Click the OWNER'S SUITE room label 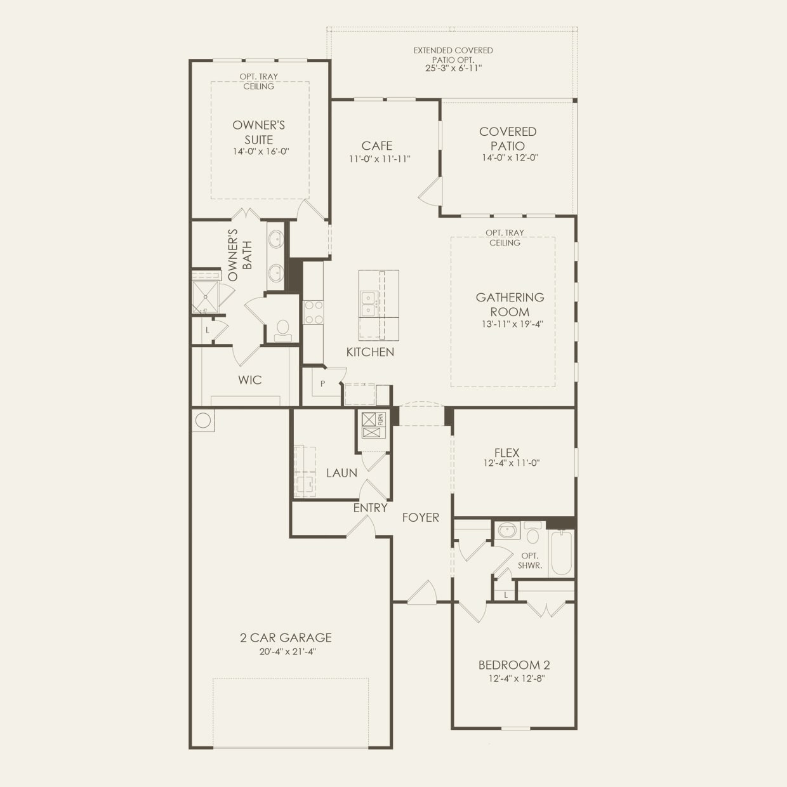tap(258, 132)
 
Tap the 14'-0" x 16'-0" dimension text tap(261, 152)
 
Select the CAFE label tap(377, 145)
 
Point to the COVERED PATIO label tap(508, 138)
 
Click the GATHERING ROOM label tap(510, 304)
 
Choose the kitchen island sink tap(367, 303)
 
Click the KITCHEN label tap(370, 352)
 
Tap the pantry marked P tap(322, 383)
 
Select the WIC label tap(250, 380)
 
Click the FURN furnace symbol tap(370, 425)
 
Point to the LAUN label tap(341, 473)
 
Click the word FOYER tap(420, 518)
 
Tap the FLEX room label tap(506, 453)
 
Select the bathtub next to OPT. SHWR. tap(562, 552)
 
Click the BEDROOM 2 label tap(514, 665)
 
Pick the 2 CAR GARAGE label tap(286, 638)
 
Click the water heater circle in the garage tap(203, 421)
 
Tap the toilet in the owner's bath tap(282, 329)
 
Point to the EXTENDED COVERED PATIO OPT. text tap(453, 55)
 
